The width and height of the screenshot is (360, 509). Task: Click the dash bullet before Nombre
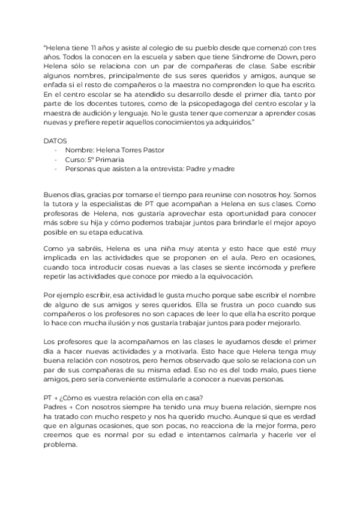(x=56, y=149)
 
